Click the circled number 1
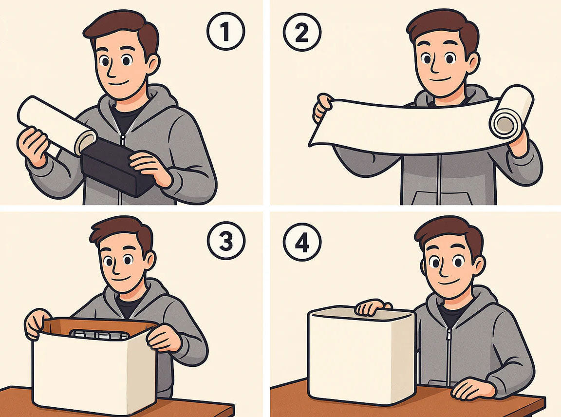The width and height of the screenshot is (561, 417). point(226,31)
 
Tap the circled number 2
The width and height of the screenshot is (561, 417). point(302,33)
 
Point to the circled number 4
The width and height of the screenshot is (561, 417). point(302,242)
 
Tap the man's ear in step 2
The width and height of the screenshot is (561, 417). point(473,64)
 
